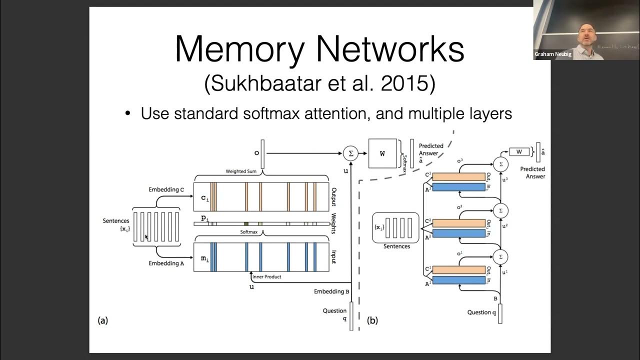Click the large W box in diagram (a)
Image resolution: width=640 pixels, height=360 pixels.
[x=382, y=153]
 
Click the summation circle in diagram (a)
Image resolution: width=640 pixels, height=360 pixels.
[x=350, y=153]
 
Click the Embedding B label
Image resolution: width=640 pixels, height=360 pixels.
[x=332, y=291]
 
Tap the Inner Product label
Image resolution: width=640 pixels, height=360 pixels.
[x=267, y=276]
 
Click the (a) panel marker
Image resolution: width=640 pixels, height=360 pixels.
[x=102, y=320]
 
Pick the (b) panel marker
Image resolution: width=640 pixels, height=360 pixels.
[x=372, y=320]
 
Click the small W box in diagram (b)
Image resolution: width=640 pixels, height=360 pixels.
[x=519, y=151]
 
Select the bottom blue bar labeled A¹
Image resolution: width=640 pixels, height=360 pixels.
[x=459, y=280]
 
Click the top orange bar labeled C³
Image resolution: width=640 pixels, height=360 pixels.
[x=459, y=176]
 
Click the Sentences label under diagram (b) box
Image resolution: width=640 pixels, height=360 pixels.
[x=396, y=246]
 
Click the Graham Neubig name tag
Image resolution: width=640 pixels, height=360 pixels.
[x=553, y=54]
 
